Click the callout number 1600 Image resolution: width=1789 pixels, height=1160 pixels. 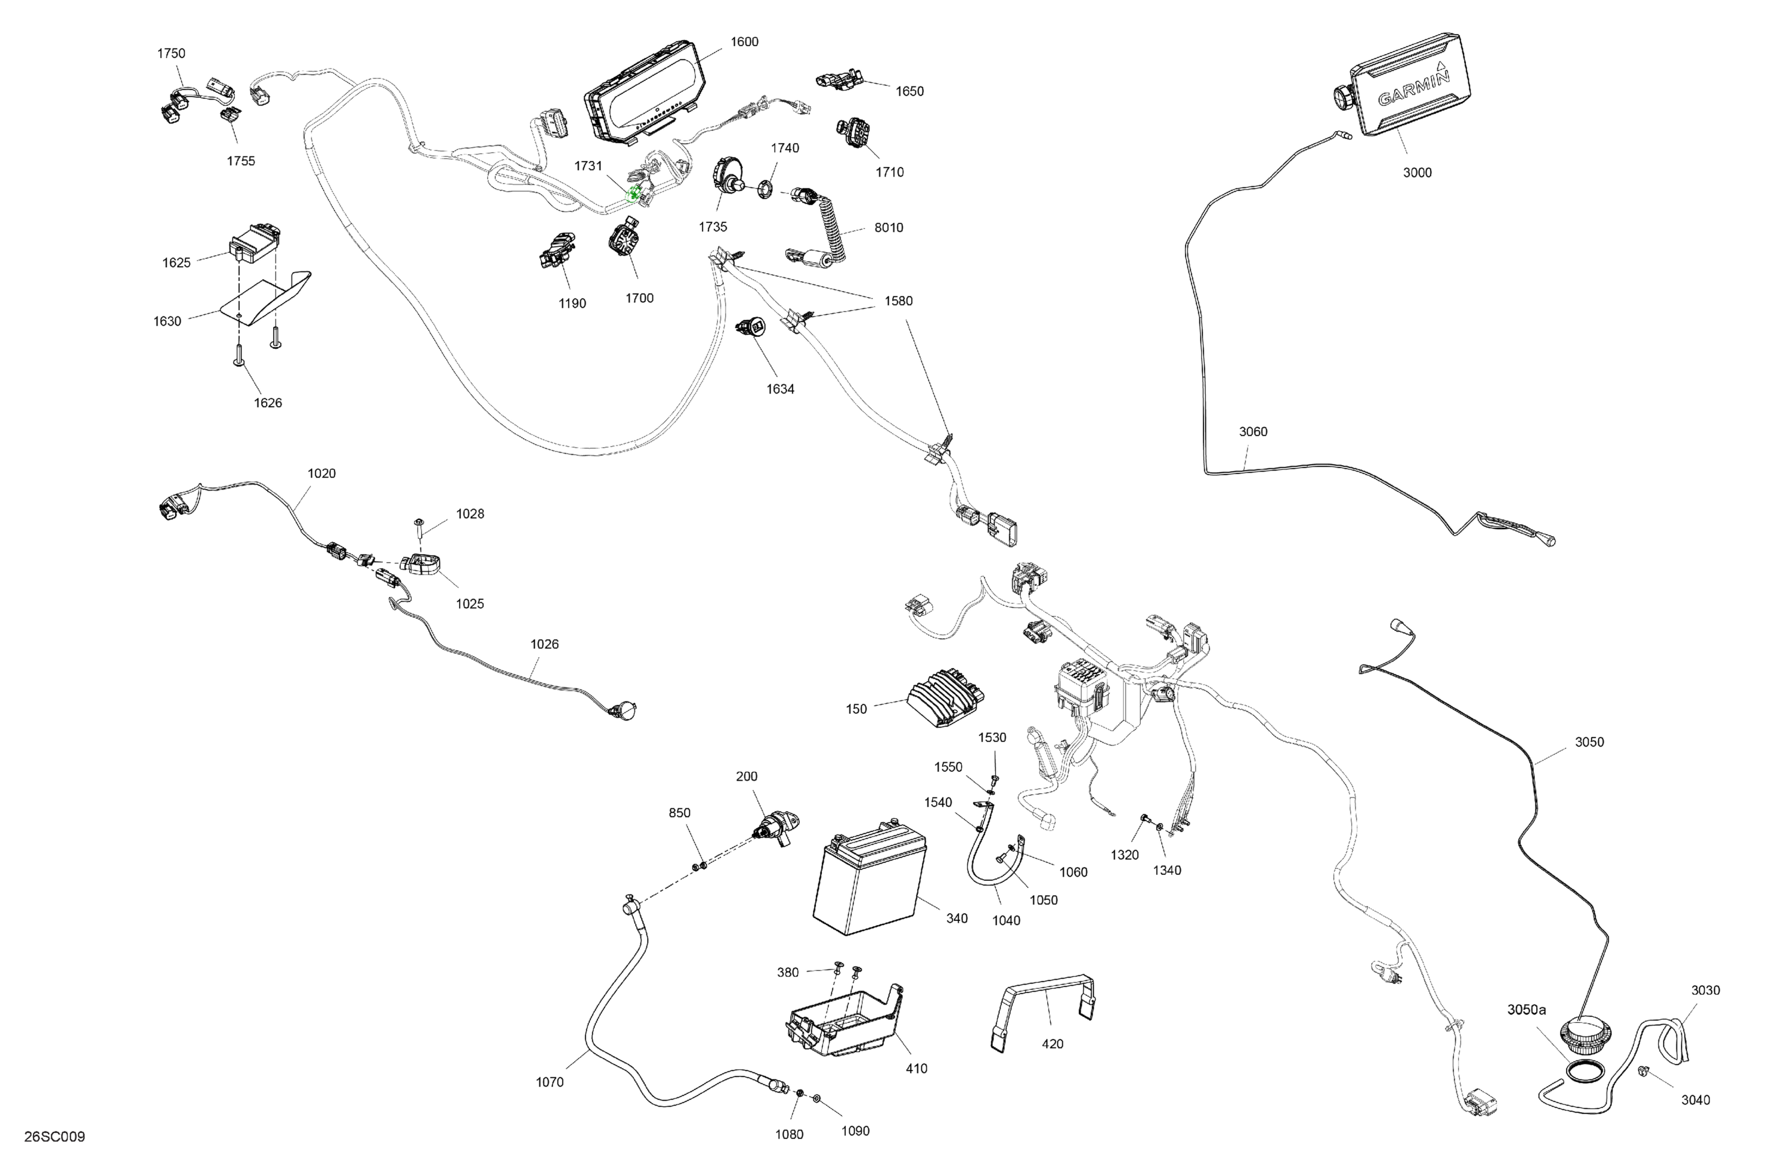click(x=744, y=42)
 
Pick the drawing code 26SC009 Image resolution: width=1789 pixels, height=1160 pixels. click(x=54, y=1137)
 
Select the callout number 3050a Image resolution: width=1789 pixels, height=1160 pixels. click(x=1526, y=1010)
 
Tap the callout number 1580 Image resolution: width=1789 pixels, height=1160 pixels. click(x=897, y=301)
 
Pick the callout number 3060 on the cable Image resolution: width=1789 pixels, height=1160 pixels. click(x=1252, y=432)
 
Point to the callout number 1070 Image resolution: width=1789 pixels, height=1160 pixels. click(x=549, y=1082)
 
